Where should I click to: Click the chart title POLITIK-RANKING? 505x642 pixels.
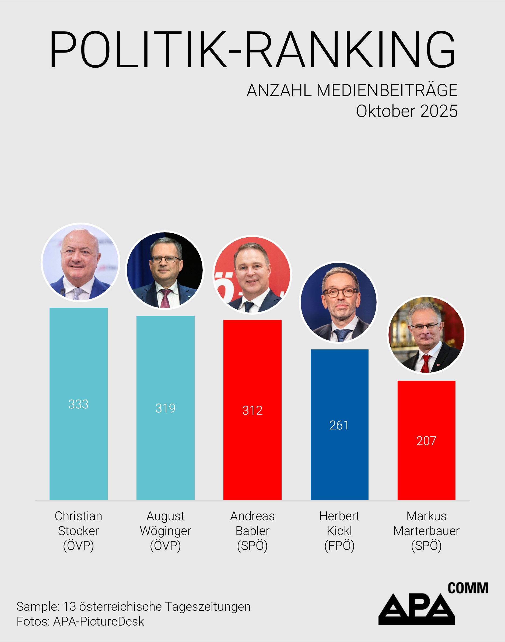[252, 50]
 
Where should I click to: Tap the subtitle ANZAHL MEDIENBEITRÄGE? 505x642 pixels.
[352, 90]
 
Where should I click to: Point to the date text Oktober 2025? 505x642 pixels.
[406, 111]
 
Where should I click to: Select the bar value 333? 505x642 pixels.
[78, 404]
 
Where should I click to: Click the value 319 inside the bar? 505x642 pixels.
[165, 408]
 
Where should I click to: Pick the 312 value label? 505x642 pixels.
[252, 410]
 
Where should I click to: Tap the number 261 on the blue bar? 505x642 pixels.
[339, 425]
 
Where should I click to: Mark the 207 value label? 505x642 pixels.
[426, 441]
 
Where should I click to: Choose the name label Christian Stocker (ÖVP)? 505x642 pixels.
[78, 531]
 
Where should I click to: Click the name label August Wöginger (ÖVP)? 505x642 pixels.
[165, 531]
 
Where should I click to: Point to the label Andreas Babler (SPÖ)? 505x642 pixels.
[252, 531]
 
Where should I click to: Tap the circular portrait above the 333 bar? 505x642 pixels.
[80, 262]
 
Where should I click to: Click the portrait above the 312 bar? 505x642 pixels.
[252, 275]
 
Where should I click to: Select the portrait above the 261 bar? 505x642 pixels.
[339, 302]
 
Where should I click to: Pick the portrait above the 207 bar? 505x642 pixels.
[426, 335]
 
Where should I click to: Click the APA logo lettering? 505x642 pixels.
[416, 609]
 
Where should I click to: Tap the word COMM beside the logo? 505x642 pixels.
[468, 588]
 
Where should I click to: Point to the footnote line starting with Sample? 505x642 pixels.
[133, 606]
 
